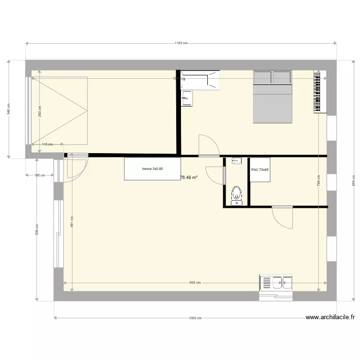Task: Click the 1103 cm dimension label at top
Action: coord(180,43)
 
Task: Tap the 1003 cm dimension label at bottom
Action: coord(195,318)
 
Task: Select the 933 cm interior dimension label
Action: coord(195,283)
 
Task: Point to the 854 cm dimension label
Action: coord(353,180)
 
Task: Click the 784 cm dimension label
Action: coord(318,180)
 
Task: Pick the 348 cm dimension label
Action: coord(8,109)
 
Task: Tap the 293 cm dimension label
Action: coord(40,111)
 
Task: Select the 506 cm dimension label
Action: coord(37,229)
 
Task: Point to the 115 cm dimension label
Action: coord(47,144)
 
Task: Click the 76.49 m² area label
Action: coord(189,177)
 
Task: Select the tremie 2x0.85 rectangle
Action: coord(153,169)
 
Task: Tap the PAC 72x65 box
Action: coord(260,170)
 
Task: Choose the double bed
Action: coord(272,96)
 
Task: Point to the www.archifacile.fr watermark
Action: coord(330,317)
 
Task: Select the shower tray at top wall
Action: coord(201,80)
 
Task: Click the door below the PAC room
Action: coord(282,217)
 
